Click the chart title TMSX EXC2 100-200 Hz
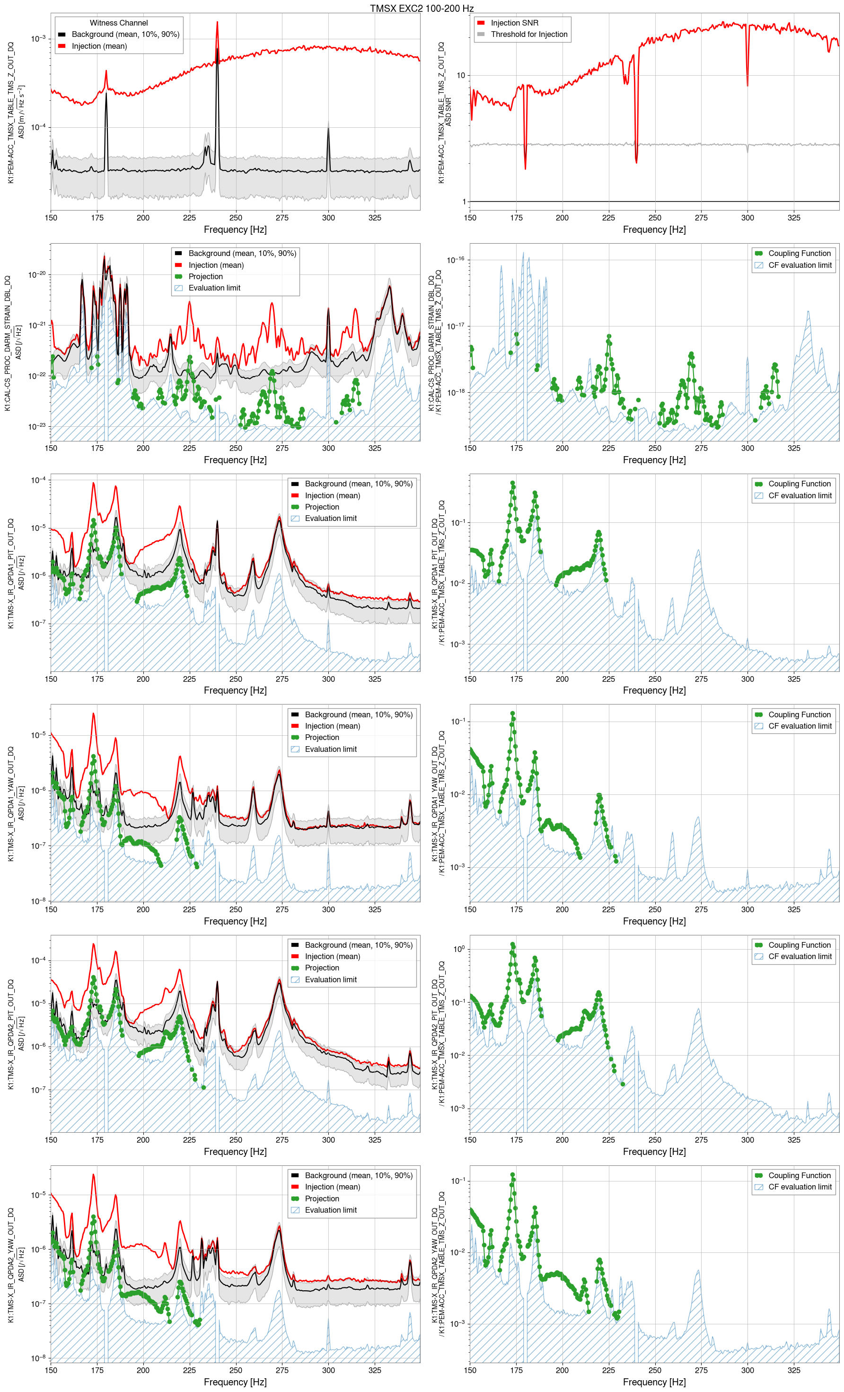point(422,8)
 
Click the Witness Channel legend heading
point(119,23)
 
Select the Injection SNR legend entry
point(514,23)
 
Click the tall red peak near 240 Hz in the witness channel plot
point(217,24)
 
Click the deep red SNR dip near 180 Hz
point(525,167)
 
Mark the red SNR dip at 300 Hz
point(747,85)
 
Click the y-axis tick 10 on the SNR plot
point(460,75)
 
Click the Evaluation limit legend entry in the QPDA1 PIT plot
point(331,518)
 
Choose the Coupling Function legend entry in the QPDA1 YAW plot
point(799,714)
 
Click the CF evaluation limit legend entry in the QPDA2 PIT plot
point(800,956)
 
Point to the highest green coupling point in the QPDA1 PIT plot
point(512,484)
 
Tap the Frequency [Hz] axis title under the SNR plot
point(654,229)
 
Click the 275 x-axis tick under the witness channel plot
point(282,218)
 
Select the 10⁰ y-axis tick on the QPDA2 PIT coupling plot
point(459,949)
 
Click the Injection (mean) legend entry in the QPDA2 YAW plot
point(332,1187)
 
